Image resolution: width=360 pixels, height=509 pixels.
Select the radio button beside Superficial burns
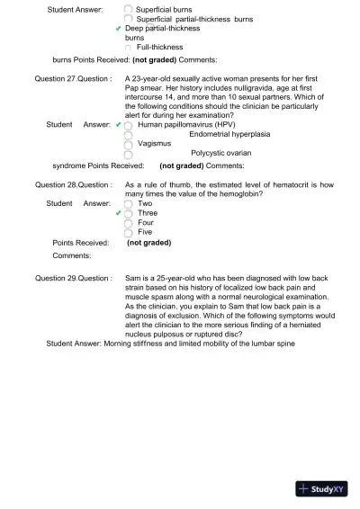(128, 10)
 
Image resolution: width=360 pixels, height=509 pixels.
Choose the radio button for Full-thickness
(129, 47)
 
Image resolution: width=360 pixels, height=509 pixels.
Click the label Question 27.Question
(73, 79)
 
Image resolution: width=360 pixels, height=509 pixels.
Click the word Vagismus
(155, 143)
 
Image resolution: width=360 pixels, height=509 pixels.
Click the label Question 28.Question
(73, 184)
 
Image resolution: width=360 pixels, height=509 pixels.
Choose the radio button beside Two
(129, 204)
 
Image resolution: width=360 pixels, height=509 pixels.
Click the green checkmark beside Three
(118, 213)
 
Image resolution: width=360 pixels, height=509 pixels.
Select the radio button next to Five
(129, 232)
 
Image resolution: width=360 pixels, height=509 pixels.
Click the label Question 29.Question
(73, 279)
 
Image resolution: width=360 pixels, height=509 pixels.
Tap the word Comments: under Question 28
(73, 255)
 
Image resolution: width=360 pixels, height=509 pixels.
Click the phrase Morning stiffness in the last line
(136, 344)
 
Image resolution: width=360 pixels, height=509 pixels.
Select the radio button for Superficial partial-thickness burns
(128, 19)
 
